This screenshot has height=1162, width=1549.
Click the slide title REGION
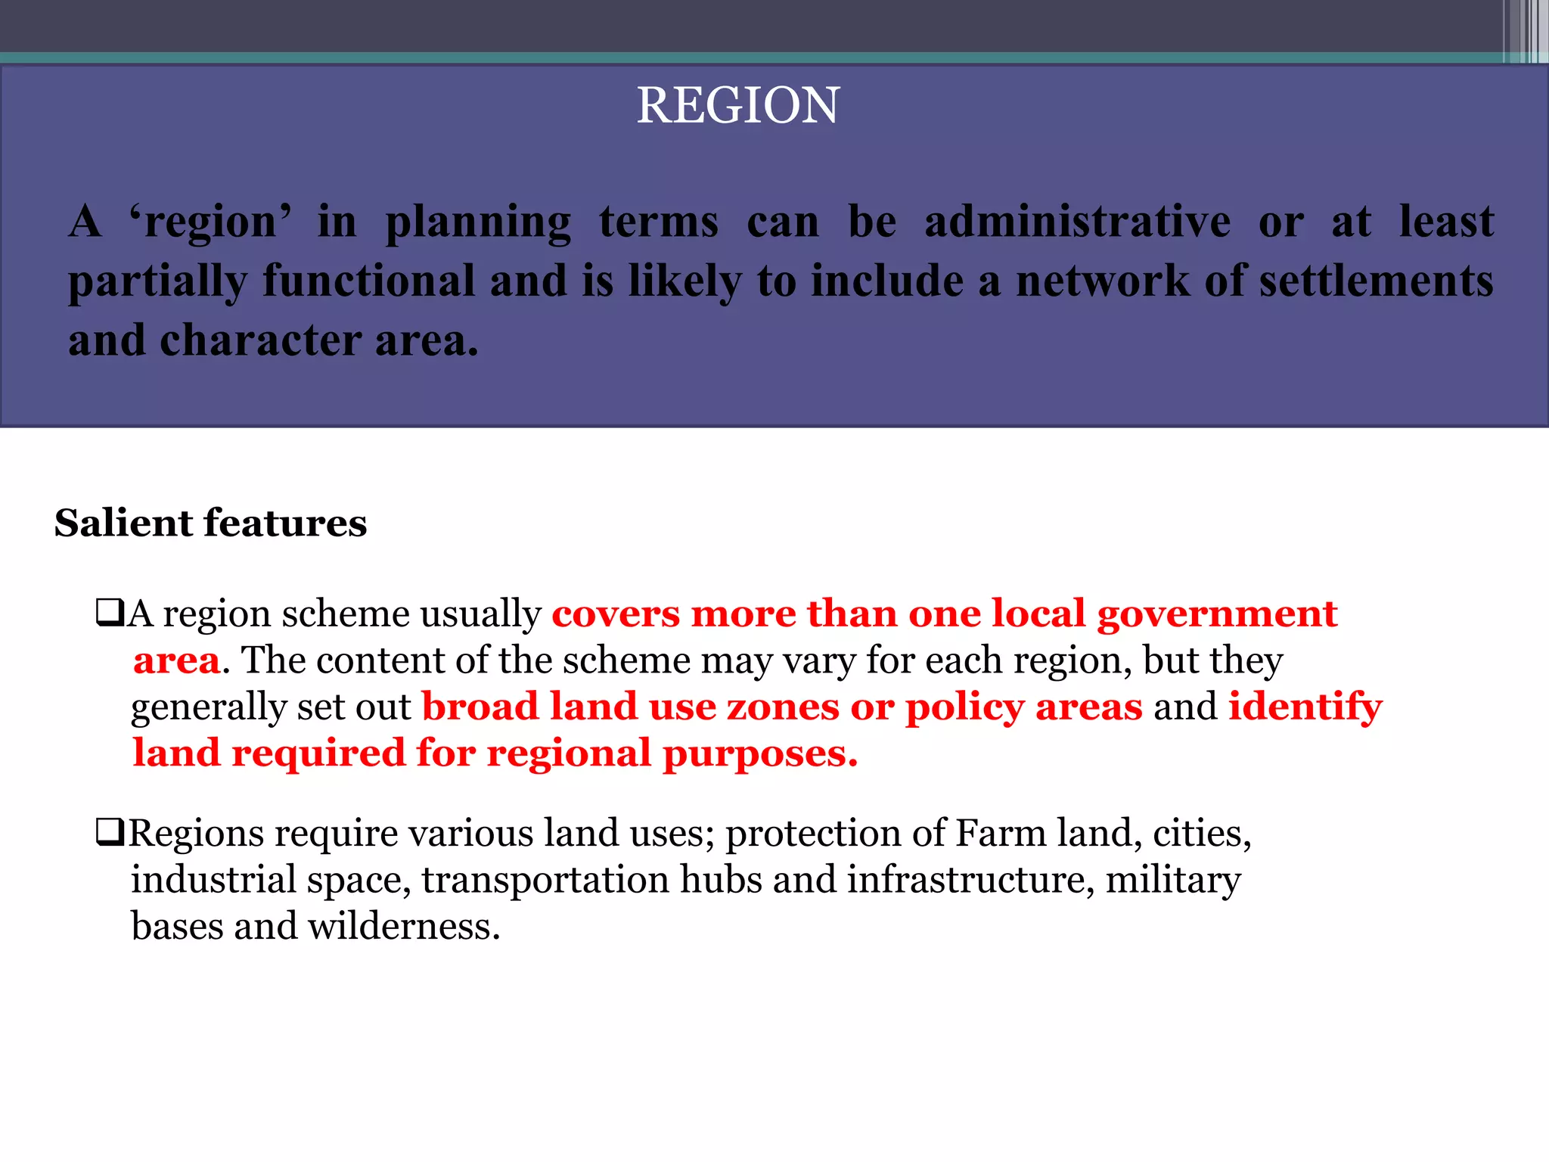(737, 105)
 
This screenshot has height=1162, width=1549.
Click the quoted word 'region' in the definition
(210, 222)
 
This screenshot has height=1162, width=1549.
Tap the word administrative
(1077, 222)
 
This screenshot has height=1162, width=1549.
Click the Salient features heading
(210, 523)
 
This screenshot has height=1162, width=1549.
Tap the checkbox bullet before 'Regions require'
(110, 832)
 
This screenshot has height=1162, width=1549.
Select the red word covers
(615, 614)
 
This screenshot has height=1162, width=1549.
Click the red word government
(1217, 614)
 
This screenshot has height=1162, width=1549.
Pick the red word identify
(1305, 707)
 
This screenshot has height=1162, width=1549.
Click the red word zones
(782, 707)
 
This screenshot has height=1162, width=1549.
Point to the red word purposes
(759, 753)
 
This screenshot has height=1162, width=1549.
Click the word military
(1172, 879)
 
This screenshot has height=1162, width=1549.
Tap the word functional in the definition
(369, 281)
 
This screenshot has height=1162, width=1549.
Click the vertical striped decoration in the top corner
(1525, 30)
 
